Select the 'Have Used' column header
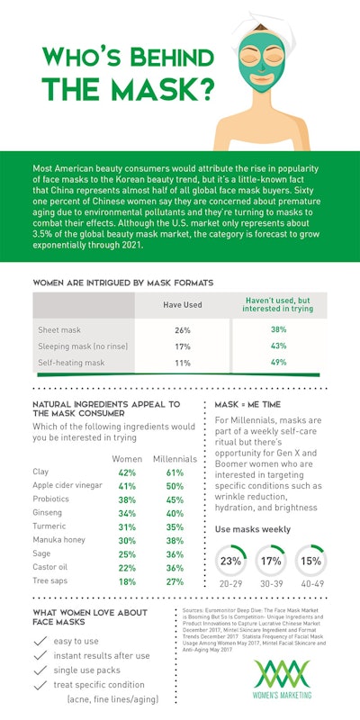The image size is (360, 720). [x=182, y=305]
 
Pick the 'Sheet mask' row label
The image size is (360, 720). [x=60, y=329]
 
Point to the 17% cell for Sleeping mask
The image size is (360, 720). [x=182, y=346]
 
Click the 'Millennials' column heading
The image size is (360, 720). [x=175, y=457]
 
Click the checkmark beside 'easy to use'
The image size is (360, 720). [x=40, y=641]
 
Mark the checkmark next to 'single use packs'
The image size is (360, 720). [x=40, y=670]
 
